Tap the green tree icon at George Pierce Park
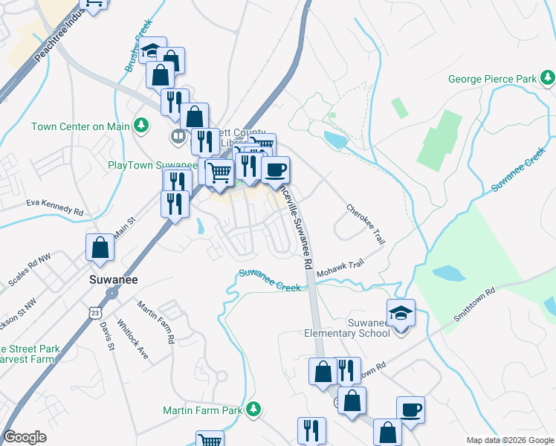coord(548,77)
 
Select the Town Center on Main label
coord(80,126)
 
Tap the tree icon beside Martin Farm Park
coord(253,409)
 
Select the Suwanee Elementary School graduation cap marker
coord(400,314)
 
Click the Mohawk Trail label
coord(340,269)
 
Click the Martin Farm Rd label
coord(155,321)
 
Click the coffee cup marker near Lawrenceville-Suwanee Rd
coord(275,170)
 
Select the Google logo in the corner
coord(25,437)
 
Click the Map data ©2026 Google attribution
coord(509,440)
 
